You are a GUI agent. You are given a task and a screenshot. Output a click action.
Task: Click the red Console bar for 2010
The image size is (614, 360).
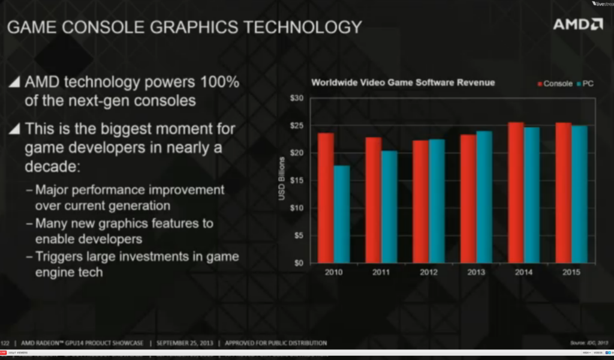tap(326, 198)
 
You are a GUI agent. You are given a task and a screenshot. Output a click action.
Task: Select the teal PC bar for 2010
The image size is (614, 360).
tap(342, 214)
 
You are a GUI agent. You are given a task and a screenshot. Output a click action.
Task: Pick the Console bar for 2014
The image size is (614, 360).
tap(516, 193)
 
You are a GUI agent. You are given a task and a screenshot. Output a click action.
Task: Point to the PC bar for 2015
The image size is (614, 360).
tap(579, 194)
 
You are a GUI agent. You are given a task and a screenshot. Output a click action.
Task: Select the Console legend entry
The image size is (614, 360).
tap(554, 84)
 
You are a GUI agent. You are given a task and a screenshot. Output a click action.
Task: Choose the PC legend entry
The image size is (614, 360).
tap(585, 84)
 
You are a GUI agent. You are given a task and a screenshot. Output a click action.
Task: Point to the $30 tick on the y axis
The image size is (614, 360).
tap(297, 98)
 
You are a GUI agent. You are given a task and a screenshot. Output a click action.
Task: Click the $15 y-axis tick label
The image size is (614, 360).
tap(297, 181)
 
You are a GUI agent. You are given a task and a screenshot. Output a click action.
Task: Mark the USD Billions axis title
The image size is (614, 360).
tap(281, 181)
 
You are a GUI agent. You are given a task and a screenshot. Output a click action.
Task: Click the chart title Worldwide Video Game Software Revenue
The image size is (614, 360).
tap(402, 82)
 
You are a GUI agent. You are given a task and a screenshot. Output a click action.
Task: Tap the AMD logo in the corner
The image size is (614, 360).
tap(577, 25)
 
